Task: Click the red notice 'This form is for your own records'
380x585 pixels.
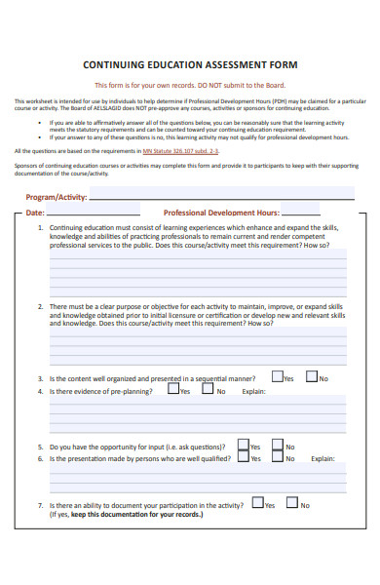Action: point(189,84)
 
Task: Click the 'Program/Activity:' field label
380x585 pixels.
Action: point(56,196)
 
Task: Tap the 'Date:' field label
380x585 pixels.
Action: point(35,212)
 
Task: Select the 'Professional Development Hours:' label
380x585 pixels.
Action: point(221,212)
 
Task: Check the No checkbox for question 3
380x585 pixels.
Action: point(312,376)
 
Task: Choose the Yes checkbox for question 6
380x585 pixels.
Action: point(243,457)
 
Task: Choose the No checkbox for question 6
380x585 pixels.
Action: point(278,457)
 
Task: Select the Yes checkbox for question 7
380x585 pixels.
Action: point(257,504)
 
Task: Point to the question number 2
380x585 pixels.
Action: point(40,306)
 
